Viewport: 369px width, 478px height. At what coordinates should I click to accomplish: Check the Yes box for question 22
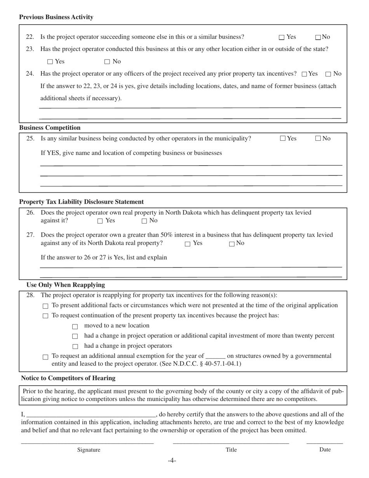282,37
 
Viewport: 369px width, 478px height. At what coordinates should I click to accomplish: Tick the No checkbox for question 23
107,62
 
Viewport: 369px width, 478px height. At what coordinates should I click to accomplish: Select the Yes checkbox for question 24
304,74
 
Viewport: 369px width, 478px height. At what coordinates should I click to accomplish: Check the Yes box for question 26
100,221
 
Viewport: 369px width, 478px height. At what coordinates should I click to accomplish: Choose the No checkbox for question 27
232,244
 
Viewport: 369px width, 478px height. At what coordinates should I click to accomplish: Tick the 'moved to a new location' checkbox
75,326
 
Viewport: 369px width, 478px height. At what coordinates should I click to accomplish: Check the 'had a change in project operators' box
75,346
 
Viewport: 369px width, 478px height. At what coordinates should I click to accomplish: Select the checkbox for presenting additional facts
45,306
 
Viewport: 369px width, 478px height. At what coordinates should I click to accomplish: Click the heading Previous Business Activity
56,17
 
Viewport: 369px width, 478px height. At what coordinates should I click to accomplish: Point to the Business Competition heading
50,127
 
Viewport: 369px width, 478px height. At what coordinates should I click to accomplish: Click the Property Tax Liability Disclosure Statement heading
81,202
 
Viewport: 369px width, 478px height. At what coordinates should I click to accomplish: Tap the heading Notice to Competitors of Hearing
68,378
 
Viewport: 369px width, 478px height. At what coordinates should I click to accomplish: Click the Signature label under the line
89,450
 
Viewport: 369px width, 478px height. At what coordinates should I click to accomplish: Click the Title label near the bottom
231,450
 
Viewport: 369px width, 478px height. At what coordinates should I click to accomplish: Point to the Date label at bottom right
325,449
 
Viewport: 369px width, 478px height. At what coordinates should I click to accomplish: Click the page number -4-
172,461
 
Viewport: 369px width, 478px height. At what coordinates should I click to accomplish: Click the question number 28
30,295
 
